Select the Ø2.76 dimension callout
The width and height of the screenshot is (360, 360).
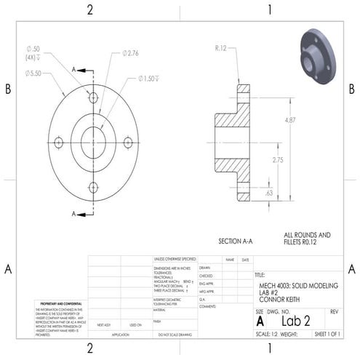[x=131, y=53]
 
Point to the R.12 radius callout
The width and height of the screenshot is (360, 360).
[x=222, y=48]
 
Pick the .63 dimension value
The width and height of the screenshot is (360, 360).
[x=269, y=193]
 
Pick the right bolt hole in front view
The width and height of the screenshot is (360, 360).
[x=128, y=142]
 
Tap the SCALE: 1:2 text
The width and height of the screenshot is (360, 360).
[x=266, y=335]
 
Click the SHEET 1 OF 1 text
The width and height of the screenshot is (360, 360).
[x=331, y=335]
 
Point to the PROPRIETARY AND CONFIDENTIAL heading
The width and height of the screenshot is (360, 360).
[x=58, y=303]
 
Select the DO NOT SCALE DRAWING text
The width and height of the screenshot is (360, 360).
[x=175, y=335]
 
